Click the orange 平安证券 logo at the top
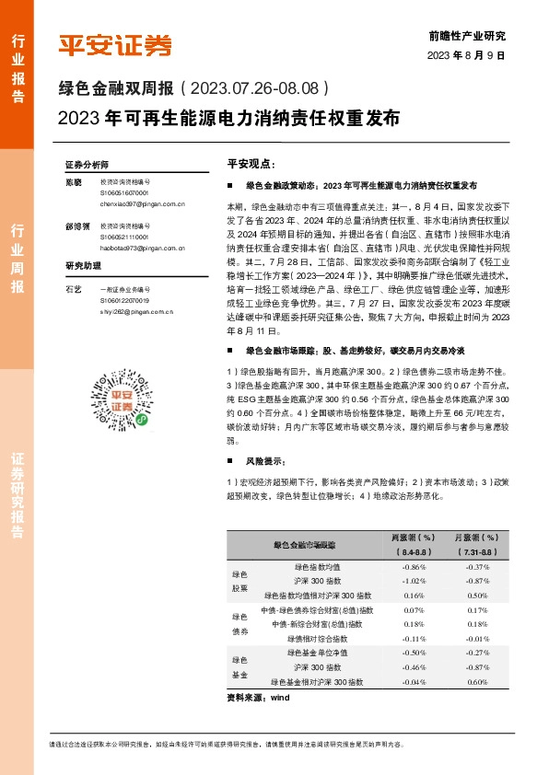(x=114, y=44)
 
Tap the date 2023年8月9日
(x=467, y=55)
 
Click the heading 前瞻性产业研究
(x=468, y=36)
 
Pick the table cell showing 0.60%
(x=476, y=682)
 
